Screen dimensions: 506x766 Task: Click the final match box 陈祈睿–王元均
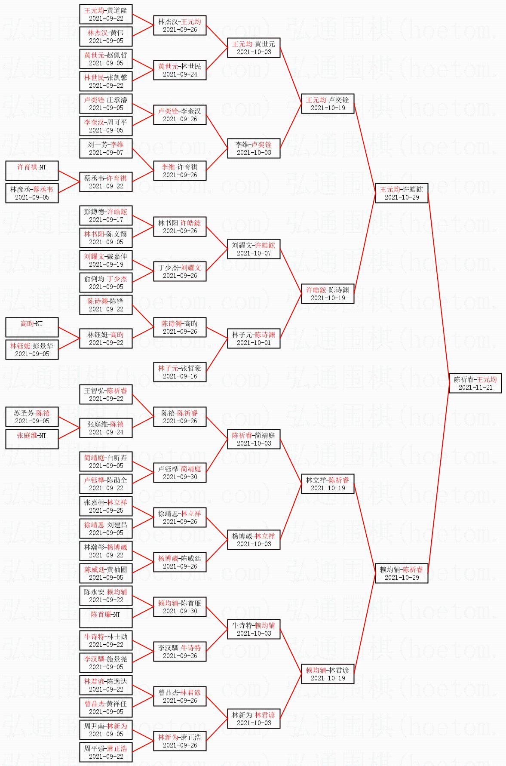point(475,383)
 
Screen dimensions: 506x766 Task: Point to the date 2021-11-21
point(475,388)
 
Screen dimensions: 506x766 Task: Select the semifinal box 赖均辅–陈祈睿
point(402,573)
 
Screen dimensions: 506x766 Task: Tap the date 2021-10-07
point(254,253)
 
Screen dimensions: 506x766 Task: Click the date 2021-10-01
point(254,343)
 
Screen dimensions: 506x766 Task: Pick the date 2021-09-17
point(106,220)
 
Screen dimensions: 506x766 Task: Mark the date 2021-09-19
point(106,265)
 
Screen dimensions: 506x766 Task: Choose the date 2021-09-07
point(106,153)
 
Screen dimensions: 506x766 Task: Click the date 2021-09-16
point(180,376)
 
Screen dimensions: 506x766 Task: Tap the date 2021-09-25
point(106,511)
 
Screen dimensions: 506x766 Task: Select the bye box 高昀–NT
point(32,327)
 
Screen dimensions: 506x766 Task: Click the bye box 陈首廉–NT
point(106,618)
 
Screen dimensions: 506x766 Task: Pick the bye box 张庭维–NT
point(32,439)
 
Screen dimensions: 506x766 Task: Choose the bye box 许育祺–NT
point(32,171)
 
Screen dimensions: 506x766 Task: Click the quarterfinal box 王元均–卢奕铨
point(328,104)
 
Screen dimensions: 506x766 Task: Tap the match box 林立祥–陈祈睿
point(328,484)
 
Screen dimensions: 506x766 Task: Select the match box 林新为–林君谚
point(254,719)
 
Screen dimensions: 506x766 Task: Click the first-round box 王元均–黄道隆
point(106,14)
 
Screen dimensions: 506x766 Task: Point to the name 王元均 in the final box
point(487,380)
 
